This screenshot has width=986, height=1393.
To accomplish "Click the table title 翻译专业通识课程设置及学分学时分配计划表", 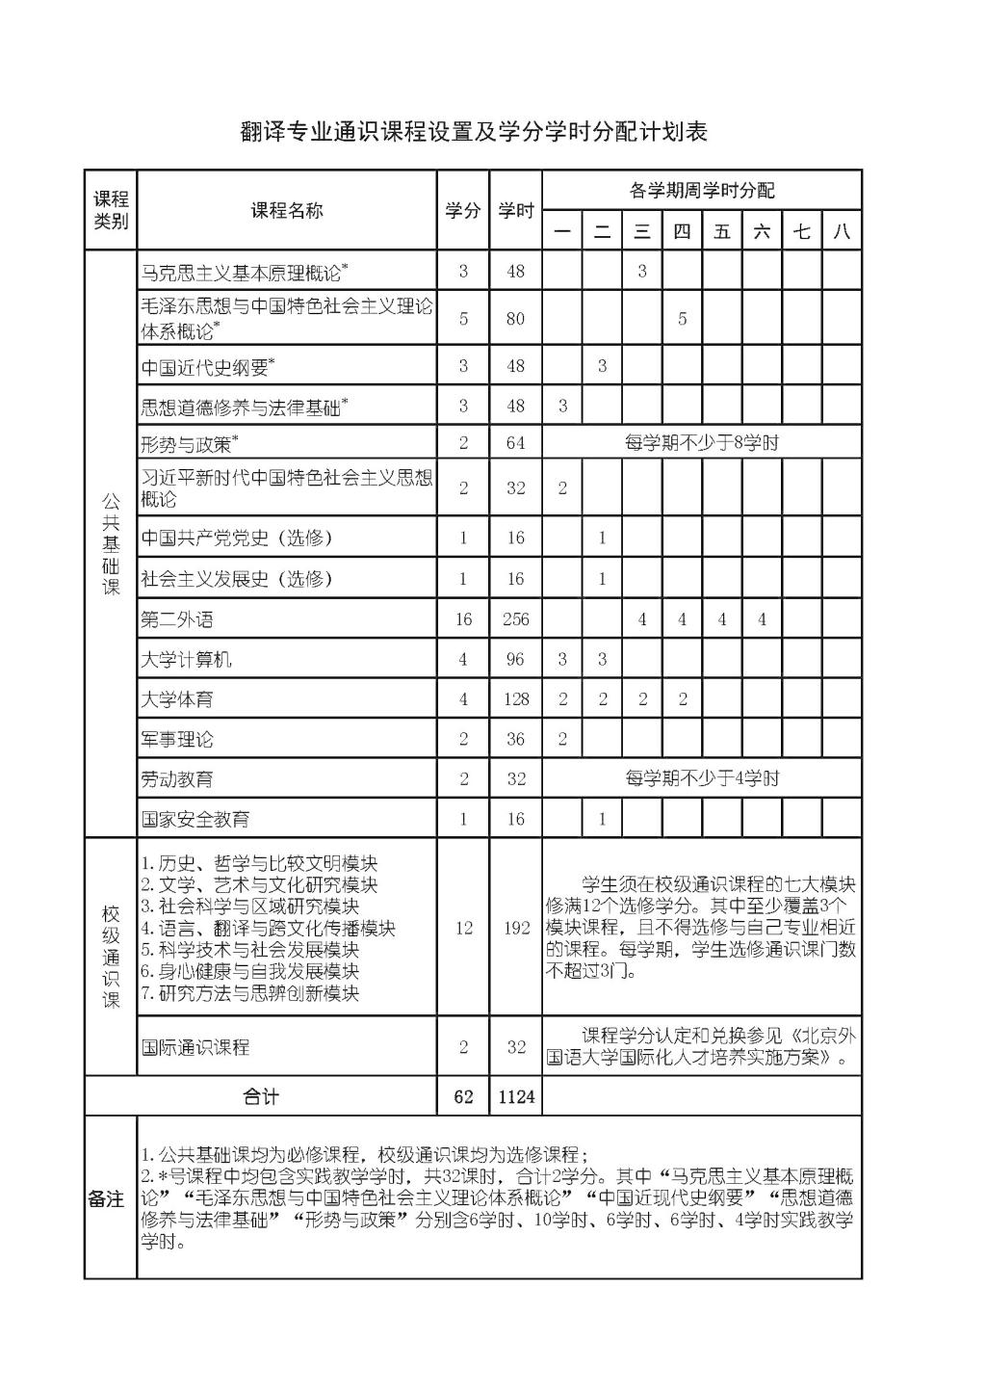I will (474, 133).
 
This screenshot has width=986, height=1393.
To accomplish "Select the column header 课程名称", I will (287, 211).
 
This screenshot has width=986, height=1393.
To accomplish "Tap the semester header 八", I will (842, 231).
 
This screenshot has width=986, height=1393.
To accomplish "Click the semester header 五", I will (722, 231).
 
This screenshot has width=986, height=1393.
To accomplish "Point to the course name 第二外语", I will (177, 619).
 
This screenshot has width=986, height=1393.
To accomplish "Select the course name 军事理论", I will (177, 739).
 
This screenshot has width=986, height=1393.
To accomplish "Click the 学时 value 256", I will (515, 619).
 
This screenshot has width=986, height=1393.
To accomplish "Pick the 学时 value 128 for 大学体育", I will (515, 699).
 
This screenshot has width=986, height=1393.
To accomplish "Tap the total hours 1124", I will (516, 1096).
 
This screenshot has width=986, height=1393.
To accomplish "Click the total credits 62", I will (463, 1096).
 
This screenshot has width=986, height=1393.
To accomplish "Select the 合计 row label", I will (260, 1096).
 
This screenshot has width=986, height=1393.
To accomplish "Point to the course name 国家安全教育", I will (195, 819).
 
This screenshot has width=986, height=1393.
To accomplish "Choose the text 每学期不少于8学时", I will (701, 443).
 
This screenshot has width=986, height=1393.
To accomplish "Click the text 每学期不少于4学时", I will (701, 778).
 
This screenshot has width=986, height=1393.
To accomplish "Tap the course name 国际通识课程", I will (195, 1047).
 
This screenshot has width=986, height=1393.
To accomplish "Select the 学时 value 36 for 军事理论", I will (515, 739).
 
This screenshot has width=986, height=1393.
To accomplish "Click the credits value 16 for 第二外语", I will (463, 619).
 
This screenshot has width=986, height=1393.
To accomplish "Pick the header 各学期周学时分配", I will (701, 190).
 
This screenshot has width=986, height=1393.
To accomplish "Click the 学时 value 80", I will (515, 319).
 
